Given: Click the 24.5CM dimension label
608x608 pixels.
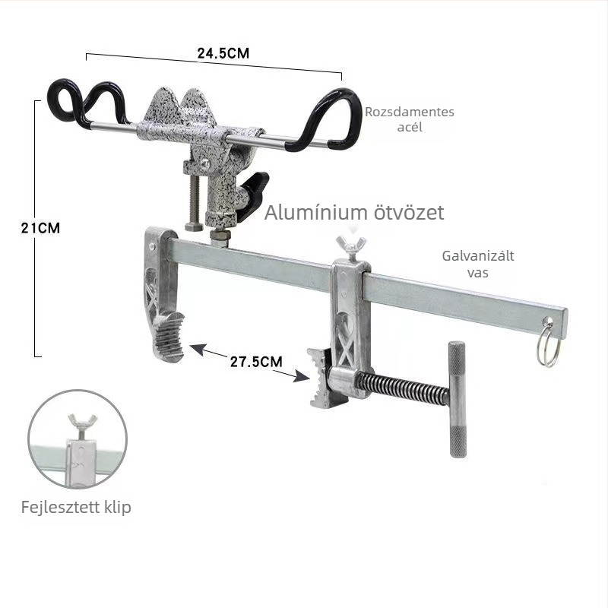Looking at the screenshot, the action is (223, 53).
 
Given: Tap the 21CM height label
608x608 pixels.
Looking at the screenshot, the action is (41, 228).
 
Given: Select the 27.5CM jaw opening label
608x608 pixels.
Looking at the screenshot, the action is (256, 362).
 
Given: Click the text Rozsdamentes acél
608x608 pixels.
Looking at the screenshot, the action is (410, 119).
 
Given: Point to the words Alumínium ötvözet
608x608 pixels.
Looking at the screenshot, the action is (354, 213).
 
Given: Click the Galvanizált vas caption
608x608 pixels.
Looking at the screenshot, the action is (478, 264).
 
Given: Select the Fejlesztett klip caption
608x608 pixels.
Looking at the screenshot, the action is (76, 507).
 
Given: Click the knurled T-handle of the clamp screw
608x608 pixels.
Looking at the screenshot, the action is (458, 400).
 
